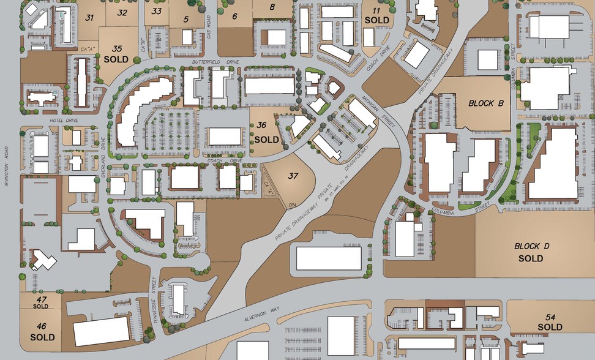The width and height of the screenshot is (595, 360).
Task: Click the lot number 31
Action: [x=89, y=18]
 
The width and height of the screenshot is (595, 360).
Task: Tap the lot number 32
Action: [x=122, y=12]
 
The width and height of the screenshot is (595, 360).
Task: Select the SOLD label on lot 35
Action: [x=116, y=59]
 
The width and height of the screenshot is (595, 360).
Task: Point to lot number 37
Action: [x=293, y=176]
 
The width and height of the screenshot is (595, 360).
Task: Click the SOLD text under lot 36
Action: [x=266, y=140]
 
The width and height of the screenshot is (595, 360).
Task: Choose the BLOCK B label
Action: [x=485, y=103]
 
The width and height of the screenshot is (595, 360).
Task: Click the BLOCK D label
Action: [x=531, y=246]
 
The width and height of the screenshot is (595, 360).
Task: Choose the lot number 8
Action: [x=272, y=7]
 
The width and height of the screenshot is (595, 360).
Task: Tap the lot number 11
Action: [x=376, y=11]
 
